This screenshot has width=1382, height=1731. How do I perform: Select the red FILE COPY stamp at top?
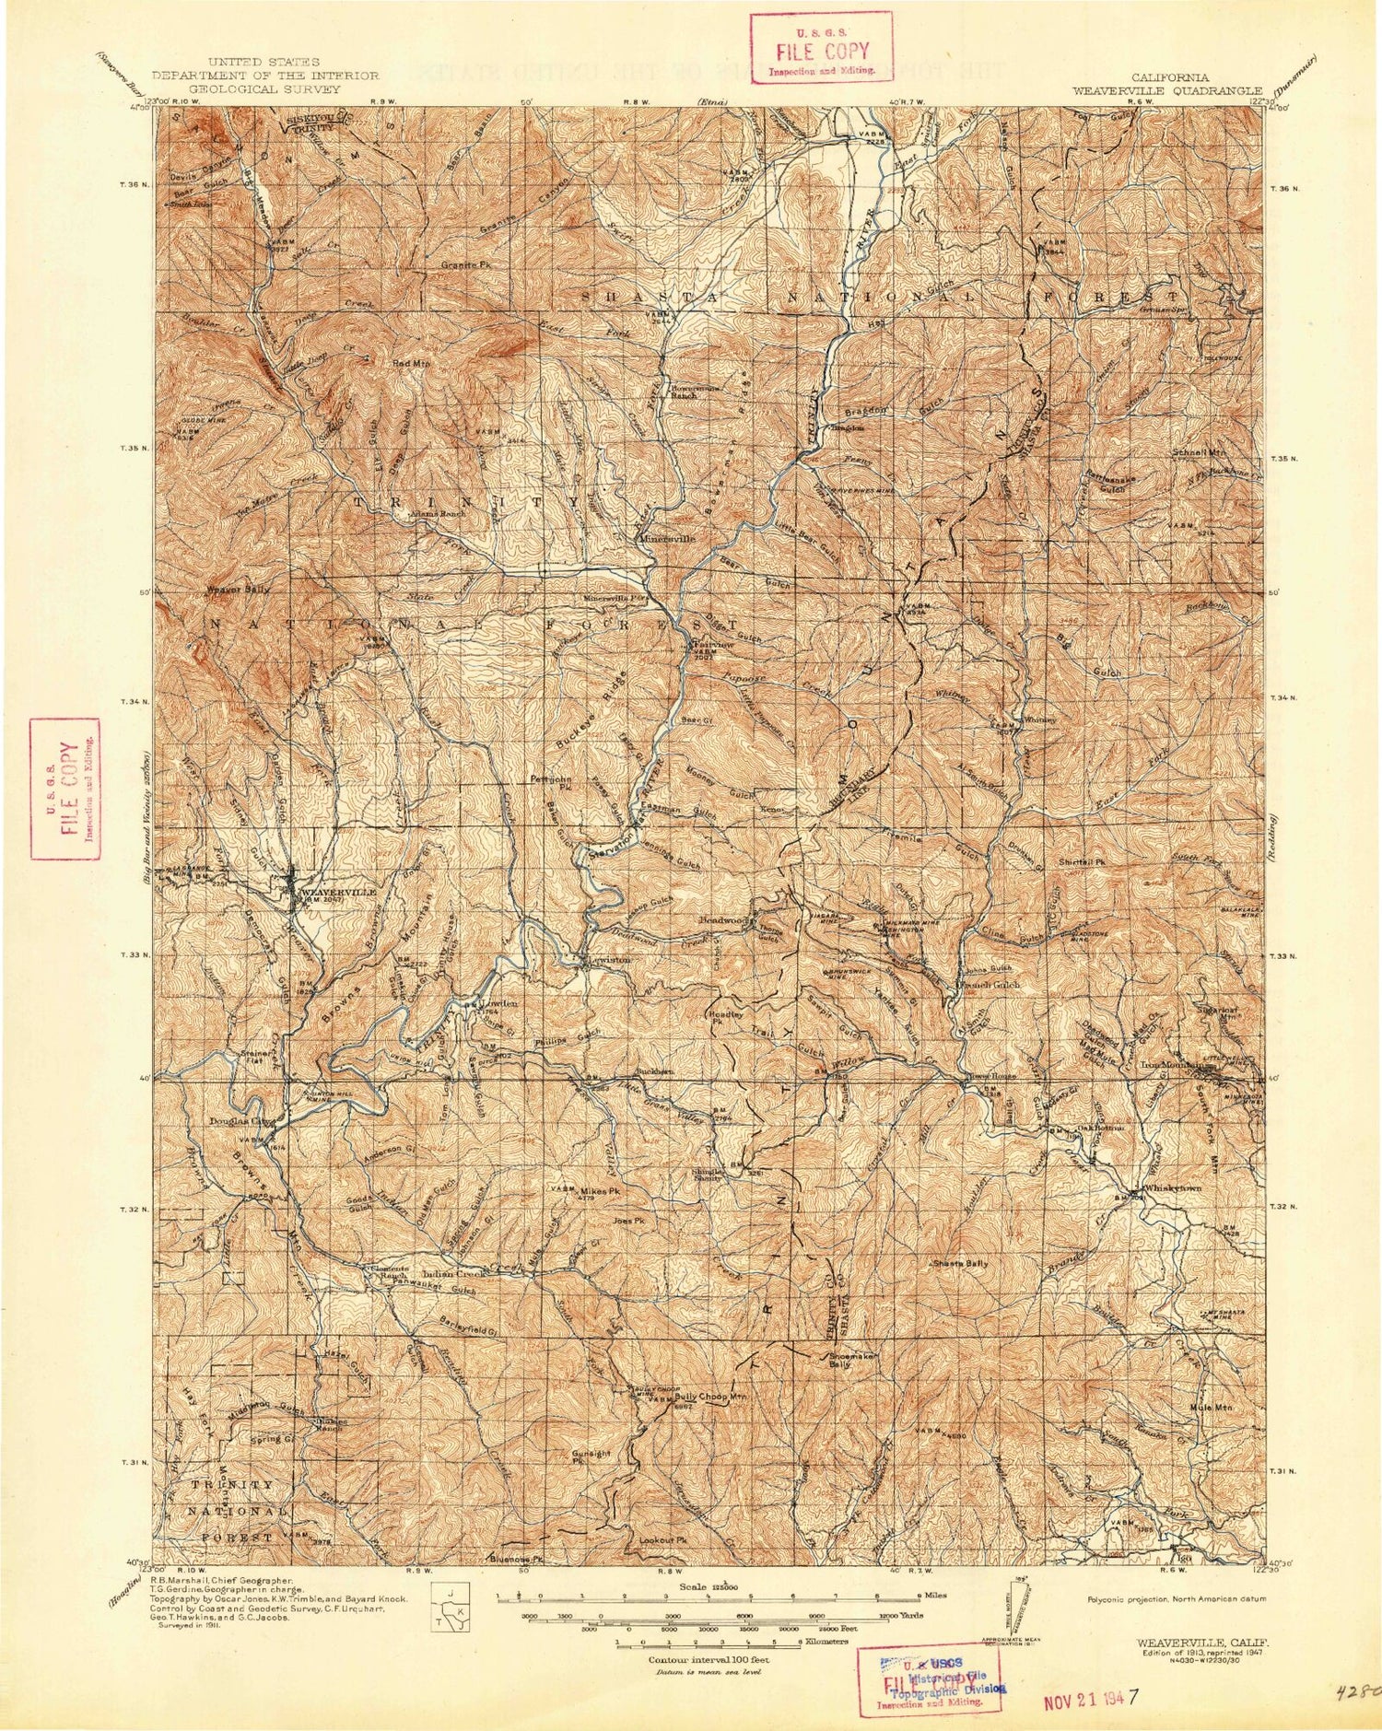821,48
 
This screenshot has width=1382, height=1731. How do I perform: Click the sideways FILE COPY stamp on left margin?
64,789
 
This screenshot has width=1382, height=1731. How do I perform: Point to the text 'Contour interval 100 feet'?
709,1659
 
